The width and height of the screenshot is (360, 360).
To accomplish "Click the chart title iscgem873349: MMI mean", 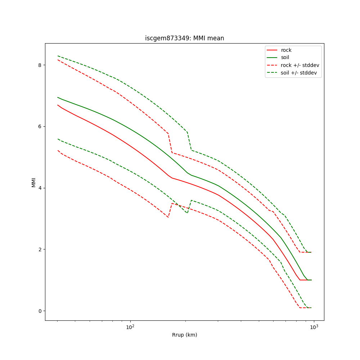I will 184,38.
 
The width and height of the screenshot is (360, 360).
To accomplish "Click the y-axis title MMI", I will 33,182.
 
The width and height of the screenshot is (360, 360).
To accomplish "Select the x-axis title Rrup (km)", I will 184,335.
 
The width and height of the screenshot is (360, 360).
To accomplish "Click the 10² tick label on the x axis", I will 130,327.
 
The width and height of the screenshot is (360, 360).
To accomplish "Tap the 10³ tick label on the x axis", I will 314,327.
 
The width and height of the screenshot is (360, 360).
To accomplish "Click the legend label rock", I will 286,50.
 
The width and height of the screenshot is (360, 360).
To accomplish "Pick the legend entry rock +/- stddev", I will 300,65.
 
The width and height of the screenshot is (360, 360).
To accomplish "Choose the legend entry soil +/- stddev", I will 300,73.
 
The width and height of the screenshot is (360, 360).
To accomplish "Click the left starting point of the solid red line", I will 58,105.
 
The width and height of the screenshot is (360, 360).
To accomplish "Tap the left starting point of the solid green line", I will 58,97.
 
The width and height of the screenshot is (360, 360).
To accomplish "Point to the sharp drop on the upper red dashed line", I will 170,143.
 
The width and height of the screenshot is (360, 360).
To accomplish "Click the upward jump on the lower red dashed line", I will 170,210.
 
